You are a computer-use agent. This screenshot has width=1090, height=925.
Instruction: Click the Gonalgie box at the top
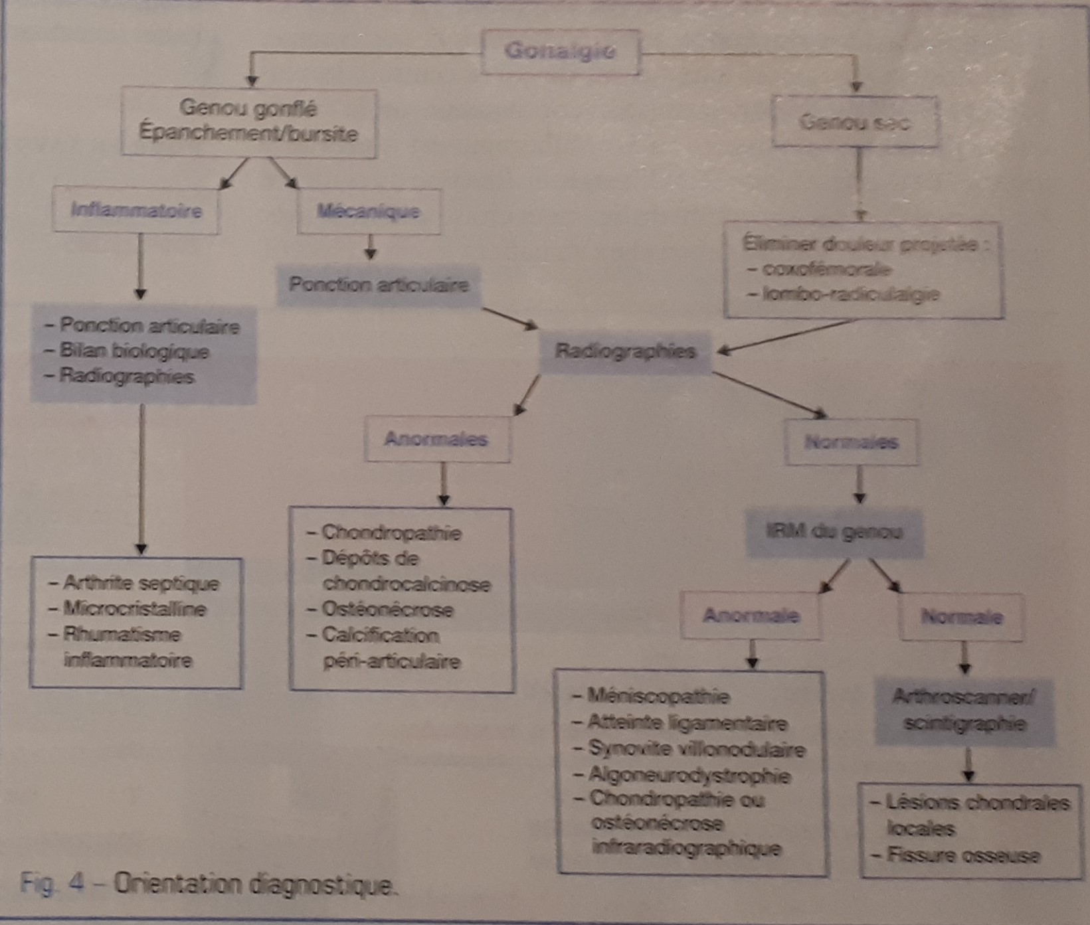[559, 52]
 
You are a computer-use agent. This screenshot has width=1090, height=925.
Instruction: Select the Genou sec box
[855, 122]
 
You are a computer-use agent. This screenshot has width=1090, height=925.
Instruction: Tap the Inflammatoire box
[136, 211]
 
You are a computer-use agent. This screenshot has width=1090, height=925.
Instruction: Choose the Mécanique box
[369, 212]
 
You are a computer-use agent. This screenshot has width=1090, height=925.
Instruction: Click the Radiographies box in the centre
[625, 351]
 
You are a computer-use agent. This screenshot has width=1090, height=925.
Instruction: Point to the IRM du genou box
[834, 533]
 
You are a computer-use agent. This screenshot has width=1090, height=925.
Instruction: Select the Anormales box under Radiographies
[436, 440]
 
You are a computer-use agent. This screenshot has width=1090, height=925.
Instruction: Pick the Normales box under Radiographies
[852, 442]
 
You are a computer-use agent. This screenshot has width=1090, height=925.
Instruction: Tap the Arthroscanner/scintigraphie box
[964, 711]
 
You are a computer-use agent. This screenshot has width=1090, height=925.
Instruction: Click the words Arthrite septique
[141, 584]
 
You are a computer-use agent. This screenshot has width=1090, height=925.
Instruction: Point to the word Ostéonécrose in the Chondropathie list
[387, 610]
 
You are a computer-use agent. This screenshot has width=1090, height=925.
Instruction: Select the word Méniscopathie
[658, 697]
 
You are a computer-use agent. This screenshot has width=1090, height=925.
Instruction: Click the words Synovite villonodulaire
[696, 750]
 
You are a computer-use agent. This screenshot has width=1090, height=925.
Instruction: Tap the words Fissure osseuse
[963, 855]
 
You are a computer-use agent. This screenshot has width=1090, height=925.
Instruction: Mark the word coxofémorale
[826, 270]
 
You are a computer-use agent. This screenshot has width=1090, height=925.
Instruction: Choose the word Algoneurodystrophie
[689, 776]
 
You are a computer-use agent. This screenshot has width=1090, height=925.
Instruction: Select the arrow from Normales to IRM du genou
[860, 485]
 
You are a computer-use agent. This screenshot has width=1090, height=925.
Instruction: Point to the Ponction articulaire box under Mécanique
[379, 286]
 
